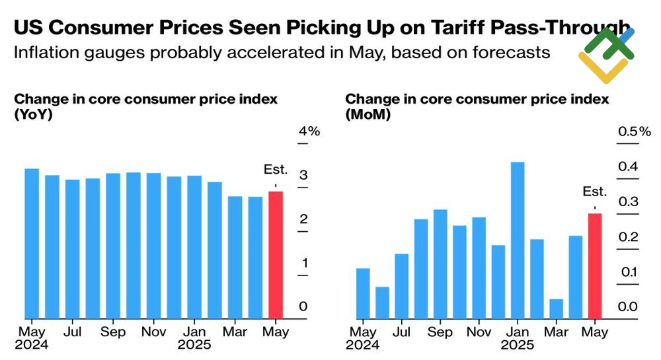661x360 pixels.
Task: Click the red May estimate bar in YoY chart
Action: [276, 255]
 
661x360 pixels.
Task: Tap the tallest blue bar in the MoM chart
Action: [518, 240]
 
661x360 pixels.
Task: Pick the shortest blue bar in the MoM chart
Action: [556, 308]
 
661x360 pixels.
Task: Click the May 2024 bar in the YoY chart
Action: [32, 243]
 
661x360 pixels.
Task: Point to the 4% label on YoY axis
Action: [309, 131]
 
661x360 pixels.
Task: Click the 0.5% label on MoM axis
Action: [635, 131]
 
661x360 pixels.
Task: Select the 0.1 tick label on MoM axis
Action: [629, 272]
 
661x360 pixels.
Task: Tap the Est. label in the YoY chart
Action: [276, 170]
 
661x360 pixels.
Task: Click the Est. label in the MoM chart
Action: [595, 192]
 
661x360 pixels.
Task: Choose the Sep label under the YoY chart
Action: [113, 332]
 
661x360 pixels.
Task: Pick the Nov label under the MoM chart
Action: [479, 332]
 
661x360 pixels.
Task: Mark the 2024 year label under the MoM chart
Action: [363, 344]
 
